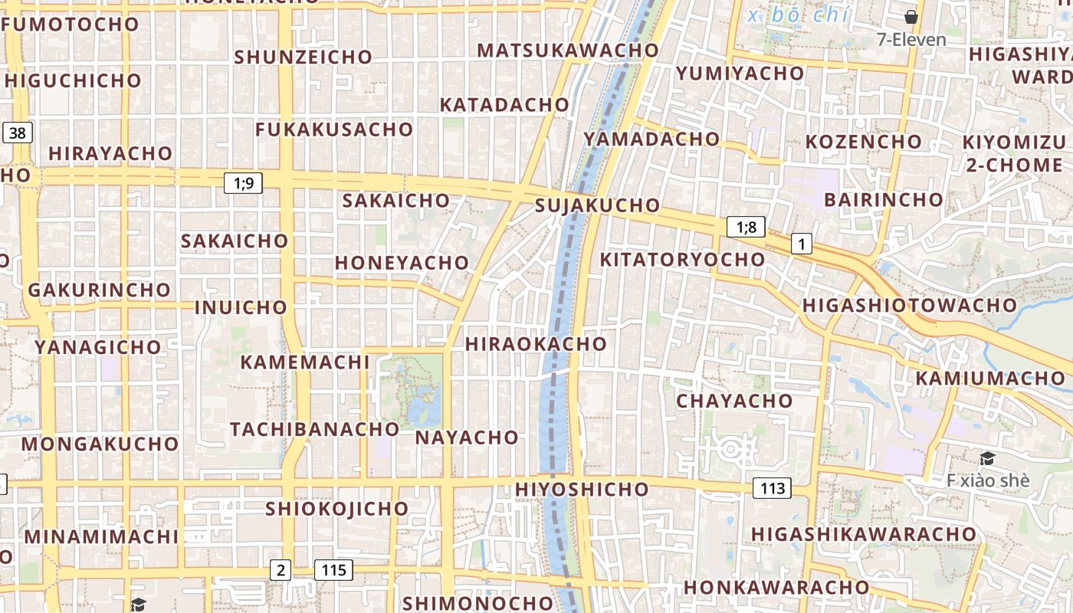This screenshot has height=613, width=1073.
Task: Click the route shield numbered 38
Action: (x=17, y=133)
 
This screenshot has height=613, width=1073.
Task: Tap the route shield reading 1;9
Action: (x=243, y=183)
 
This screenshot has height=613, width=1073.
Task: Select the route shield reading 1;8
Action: (x=746, y=227)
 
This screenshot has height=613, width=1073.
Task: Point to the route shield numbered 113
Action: (x=772, y=488)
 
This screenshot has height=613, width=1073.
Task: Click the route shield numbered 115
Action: (x=333, y=570)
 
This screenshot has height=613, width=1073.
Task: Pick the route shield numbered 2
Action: (x=281, y=570)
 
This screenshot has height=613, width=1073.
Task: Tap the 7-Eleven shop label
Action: (x=911, y=40)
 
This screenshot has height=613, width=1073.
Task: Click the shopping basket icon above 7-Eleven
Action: (x=911, y=17)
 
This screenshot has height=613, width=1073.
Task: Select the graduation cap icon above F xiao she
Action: (x=987, y=459)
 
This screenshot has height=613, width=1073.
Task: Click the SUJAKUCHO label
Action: (x=597, y=205)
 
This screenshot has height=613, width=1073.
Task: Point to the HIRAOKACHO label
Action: (x=536, y=344)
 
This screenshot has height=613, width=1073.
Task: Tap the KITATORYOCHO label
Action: (x=682, y=260)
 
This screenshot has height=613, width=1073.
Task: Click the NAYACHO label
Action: (x=467, y=438)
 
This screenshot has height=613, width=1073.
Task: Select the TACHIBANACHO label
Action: (x=314, y=429)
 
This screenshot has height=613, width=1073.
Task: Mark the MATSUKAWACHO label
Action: (x=567, y=51)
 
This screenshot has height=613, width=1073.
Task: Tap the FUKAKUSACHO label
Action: (x=334, y=129)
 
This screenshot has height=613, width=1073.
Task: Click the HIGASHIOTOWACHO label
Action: (x=909, y=305)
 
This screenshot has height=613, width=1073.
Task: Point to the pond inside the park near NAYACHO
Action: (x=422, y=410)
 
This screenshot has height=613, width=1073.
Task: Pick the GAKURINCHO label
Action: (x=99, y=290)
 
